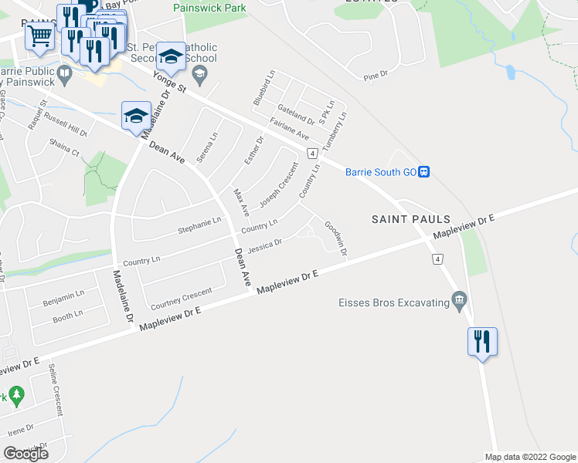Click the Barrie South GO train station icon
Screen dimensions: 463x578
coord(424,172)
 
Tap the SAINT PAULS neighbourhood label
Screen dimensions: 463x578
coord(410,220)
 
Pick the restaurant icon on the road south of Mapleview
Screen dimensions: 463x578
coord(482,340)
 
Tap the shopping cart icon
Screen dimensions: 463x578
coord(39,34)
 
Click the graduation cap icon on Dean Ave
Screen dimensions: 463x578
coord(136,117)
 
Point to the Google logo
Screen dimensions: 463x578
coord(25,454)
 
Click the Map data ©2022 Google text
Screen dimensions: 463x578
coord(529,457)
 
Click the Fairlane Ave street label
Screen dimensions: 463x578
coord(290,128)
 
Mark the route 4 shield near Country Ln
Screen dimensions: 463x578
coord(311,153)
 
